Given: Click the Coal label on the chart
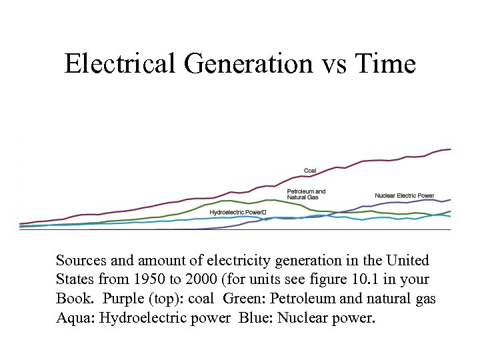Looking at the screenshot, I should click(x=310, y=171).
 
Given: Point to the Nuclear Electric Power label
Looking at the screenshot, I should click(x=404, y=195).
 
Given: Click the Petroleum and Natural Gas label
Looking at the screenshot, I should click(x=306, y=195).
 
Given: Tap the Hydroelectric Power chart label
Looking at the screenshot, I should click(x=237, y=212).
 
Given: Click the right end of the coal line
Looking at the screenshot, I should click(x=451, y=149).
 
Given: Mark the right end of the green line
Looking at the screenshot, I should click(x=451, y=211).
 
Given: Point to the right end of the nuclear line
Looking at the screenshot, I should click(x=451, y=199).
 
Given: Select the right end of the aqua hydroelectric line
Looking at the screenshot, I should click(x=451, y=217).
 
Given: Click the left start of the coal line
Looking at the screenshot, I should click(x=21, y=223).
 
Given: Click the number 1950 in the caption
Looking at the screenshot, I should click(x=150, y=279).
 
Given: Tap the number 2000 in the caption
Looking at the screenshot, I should click(x=201, y=279).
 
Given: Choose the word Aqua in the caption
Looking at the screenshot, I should click(x=75, y=317).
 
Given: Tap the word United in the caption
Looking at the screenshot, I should click(x=407, y=260).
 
